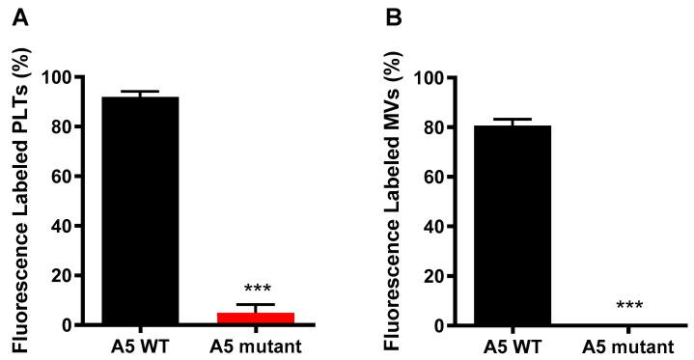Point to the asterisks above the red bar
pyautogui.click(x=257, y=290)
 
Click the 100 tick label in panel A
pyautogui.click(x=59, y=77)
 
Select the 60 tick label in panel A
pyautogui.click(x=63, y=177)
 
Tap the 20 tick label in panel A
pyautogui.click(x=63, y=276)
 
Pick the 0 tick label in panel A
pyautogui.click(x=68, y=326)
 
